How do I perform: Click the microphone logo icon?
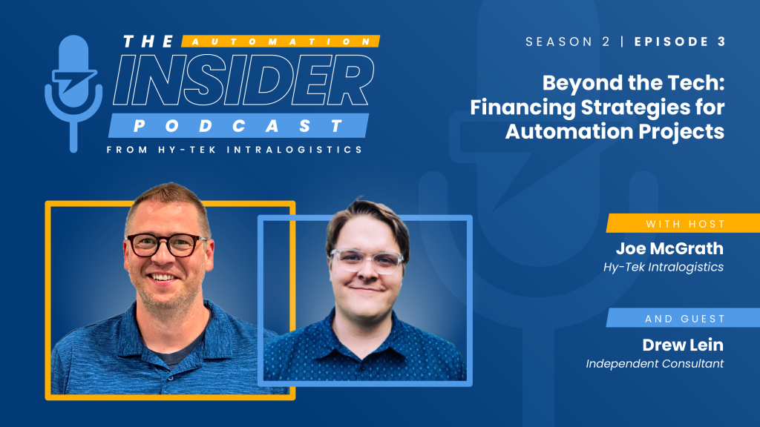coord(73,92)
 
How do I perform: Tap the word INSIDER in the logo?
coord(243,80)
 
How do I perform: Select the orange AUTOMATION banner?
coord(281,42)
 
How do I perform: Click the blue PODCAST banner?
coord(238,126)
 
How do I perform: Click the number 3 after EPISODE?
coord(721,42)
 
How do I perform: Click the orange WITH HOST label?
coord(683,224)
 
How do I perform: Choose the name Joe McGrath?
coord(669,248)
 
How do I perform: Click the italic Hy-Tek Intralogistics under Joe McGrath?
coord(663,267)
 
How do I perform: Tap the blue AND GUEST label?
coord(683,318)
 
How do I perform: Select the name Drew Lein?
coord(683,345)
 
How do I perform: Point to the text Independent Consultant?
coord(655,363)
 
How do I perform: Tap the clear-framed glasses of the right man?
coord(367,261)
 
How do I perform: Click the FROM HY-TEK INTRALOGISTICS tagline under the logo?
coord(235,150)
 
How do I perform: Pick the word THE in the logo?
coord(148,42)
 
